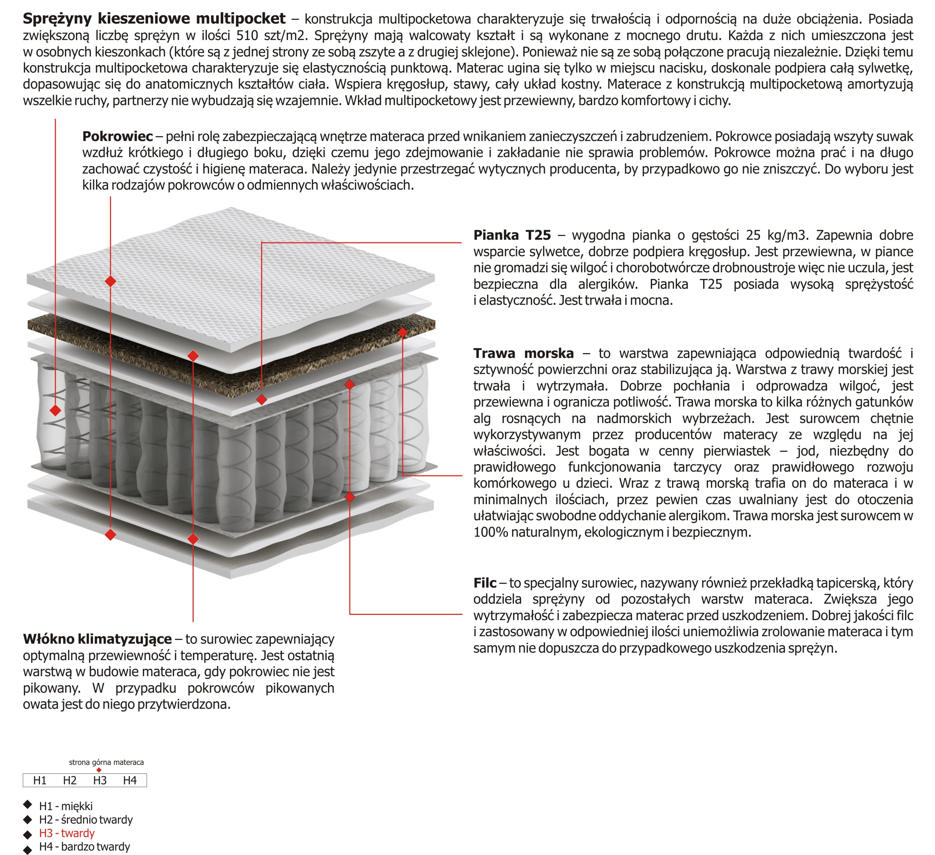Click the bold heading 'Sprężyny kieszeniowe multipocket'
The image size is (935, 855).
[154, 19]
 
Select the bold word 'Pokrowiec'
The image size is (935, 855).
[117, 137]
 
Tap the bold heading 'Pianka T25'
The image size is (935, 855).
[512, 235]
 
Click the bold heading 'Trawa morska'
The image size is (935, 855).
[523, 353]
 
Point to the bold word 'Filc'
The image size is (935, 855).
[485, 583]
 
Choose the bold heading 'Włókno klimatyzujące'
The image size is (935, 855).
[97, 639]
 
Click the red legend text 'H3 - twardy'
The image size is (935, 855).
[67, 833]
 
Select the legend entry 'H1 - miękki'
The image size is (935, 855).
[66, 806]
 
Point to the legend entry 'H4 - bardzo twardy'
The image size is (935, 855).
[85, 847]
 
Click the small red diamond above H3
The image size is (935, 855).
[99, 770]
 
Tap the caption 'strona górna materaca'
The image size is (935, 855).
[106, 762]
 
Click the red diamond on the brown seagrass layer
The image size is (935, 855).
[402, 332]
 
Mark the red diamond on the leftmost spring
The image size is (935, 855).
[56, 410]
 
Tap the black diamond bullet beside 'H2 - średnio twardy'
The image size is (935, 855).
[28, 820]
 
